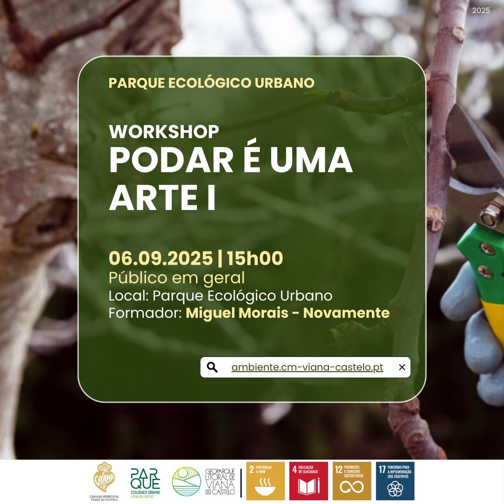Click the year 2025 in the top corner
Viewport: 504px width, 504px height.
(481, 10)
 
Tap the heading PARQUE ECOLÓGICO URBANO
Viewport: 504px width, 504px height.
(211, 83)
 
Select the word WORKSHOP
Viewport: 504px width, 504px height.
(164, 132)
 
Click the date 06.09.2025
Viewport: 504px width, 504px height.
(160, 258)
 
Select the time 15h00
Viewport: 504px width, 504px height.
(255, 258)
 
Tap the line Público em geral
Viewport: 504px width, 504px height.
(176, 278)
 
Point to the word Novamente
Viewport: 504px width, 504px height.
(346, 313)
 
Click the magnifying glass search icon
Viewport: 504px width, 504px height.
(212, 367)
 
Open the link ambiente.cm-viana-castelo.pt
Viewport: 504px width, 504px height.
(307, 367)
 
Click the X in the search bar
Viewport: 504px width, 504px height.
(402, 367)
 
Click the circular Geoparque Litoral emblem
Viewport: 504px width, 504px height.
(186, 481)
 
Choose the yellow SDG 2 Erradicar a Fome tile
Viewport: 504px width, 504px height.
(266, 481)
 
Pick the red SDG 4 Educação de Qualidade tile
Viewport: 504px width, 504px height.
(308, 481)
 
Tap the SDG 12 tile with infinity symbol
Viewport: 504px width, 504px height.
(351, 481)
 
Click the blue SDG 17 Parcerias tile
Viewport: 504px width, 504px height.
(395, 481)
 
